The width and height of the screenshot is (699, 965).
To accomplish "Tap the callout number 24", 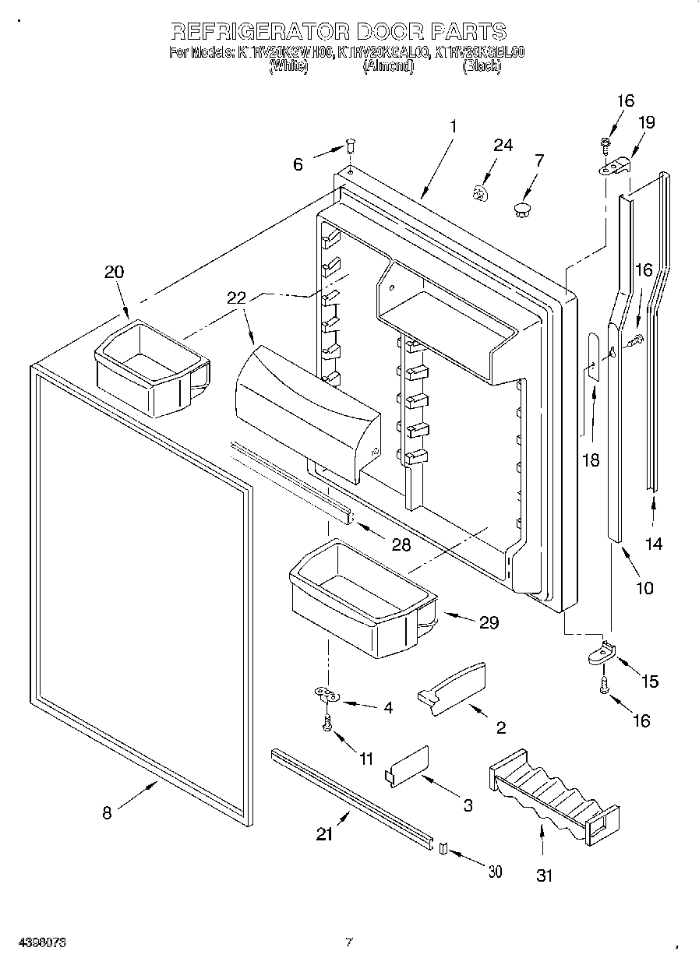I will coord(503,145).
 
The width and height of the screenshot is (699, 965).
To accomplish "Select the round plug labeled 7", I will coord(522,208).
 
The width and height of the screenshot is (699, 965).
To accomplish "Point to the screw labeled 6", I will coord(351,145).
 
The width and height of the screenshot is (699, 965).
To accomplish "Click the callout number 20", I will coord(114,272).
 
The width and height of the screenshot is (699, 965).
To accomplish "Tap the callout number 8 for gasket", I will coord(107,813).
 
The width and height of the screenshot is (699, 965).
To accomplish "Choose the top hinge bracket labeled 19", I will coord(615,166).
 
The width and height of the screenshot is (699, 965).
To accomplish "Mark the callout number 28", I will coord(401,544).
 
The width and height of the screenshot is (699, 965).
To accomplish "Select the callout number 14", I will coord(654,544).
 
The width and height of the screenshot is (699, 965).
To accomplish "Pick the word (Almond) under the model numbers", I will coord(388,67).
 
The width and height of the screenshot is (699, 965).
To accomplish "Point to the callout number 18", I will coord(591,460).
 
